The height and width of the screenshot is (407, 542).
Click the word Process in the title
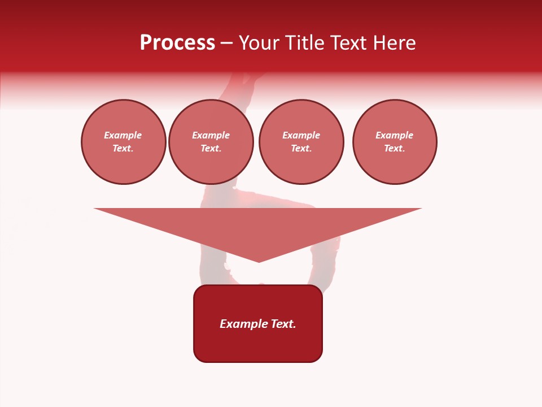coord(177,43)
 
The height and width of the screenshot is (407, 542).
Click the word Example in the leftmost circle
coord(123,135)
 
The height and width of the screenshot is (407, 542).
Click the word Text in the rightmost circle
coord(394,149)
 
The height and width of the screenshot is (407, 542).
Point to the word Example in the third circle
coord(301,135)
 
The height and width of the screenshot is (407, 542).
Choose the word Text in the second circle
coord(210,149)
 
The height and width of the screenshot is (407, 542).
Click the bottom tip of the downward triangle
coord(259,261)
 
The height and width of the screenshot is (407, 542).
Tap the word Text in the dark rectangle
coord(283,324)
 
